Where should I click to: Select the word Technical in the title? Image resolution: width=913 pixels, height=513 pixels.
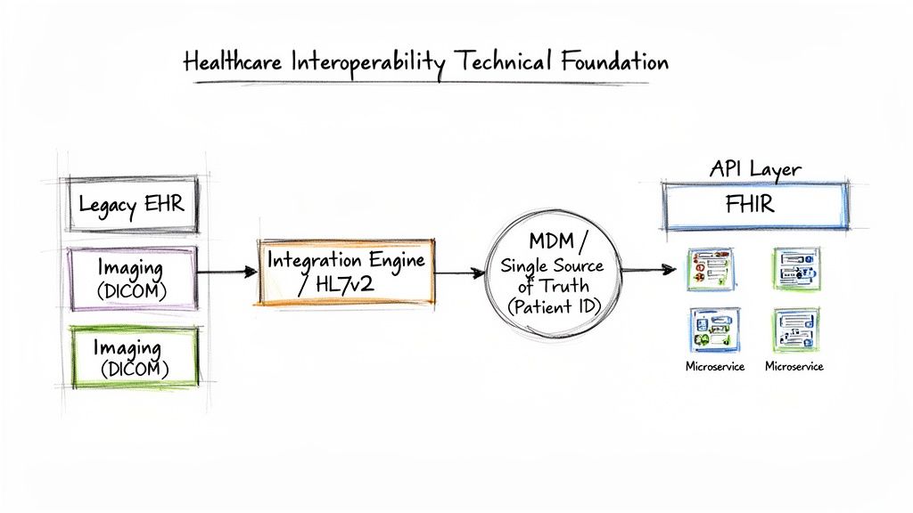504,61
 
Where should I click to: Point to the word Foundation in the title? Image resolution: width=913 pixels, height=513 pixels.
614,61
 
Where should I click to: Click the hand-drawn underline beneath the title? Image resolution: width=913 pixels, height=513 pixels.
428,83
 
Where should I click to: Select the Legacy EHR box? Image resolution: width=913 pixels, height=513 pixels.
132,205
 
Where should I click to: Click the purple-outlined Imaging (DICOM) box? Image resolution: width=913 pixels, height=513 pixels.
132,277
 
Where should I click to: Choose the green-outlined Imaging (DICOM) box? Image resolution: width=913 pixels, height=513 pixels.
132,356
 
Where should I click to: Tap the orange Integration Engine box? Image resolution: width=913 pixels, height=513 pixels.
347,272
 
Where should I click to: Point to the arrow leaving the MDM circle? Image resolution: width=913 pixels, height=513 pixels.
646,269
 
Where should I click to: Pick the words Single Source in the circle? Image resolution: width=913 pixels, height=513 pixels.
552,265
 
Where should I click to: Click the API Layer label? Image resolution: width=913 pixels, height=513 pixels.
754,169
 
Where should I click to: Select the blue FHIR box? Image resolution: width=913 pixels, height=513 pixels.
754,206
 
